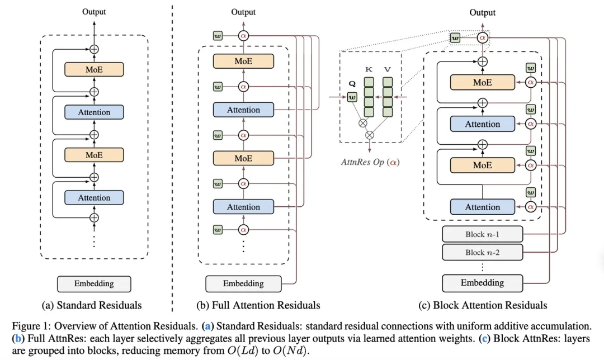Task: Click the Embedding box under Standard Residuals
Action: click(x=94, y=283)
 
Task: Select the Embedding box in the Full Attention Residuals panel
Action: click(x=243, y=283)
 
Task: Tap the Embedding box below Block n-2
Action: click(x=482, y=282)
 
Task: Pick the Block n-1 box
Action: click(x=482, y=234)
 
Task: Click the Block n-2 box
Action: click(x=482, y=252)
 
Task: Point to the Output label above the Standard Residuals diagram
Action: click(x=94, y=11)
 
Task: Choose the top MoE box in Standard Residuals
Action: click(x=94, y=69)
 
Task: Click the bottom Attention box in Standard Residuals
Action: click(x=94, y=197)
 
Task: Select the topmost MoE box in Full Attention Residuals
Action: click(x=243, y=61)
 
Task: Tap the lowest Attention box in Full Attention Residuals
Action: click(x=243, y=207)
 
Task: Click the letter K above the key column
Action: click(x=369, y=69)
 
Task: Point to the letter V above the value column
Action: click(x=387, y=69)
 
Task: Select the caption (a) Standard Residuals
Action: click(x=92, y=305)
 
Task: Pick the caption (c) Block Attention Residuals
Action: click(x=483, y=305)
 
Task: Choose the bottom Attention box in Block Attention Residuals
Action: click(x=482, y=207)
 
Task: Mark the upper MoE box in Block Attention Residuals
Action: click(x=482, y=82)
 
